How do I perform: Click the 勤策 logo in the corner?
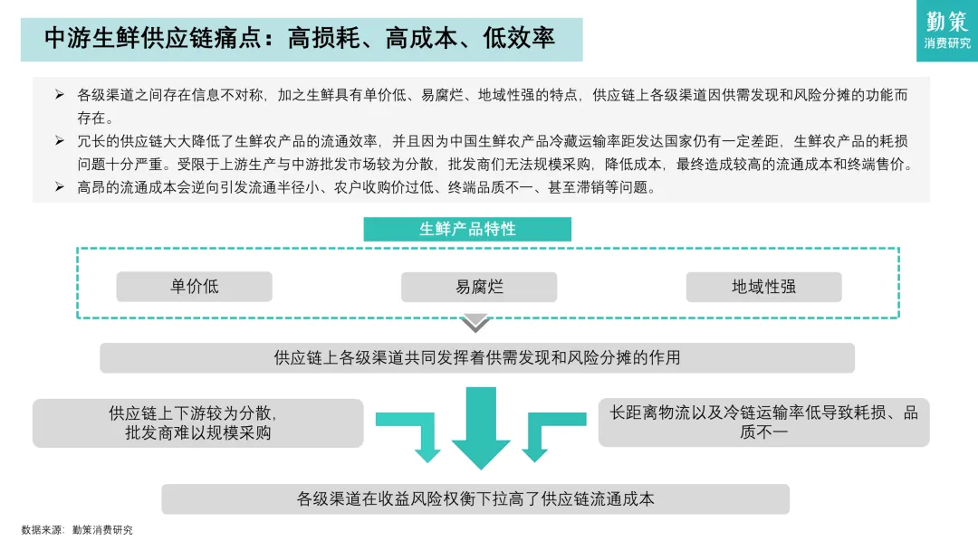(x=947, y=30)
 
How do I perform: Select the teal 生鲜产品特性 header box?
(x=467, y=229)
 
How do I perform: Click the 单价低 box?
(x=194, y=287)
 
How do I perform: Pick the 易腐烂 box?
(x=479, y=287)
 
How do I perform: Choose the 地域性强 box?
(x=763, y=287)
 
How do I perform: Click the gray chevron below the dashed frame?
(x=475, y=323)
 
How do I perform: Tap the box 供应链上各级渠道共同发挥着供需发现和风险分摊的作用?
(x=477, y=357)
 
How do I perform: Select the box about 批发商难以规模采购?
(x=197, y=422)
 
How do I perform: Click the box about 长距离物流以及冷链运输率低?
(x=763, y=422)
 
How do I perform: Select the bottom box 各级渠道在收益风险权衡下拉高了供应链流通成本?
(x=475, y=498)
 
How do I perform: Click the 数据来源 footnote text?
(x=77, y=530)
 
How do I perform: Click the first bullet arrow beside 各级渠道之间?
(x=60, y=94)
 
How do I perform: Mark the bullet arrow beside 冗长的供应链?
(x=60, y=141)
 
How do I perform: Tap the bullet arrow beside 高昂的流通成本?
(x=60, y=187)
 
